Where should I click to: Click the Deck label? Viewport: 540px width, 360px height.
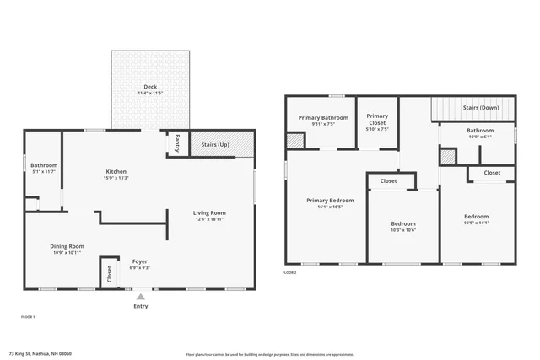click(149, 87)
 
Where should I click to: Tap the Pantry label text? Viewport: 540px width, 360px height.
click(177, 143)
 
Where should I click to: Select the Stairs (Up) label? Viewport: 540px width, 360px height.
click(214, 144)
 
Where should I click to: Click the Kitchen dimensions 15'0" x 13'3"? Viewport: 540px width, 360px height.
click(116, 178)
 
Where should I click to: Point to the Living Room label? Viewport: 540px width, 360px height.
click(209, 212)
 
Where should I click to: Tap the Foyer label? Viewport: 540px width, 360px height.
click(139, 261)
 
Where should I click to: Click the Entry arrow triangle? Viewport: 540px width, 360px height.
click(140, 296)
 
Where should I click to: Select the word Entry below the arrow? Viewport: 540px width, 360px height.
click(140, 306)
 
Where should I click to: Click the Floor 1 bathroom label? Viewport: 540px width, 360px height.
click(44, 164)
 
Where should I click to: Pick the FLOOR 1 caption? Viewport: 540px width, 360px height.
click(28, 316)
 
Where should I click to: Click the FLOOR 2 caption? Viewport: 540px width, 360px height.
click(289, 272)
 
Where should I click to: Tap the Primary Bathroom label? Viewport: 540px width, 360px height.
click(323, 117)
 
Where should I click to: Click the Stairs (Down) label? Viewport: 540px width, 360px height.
click(481, 108)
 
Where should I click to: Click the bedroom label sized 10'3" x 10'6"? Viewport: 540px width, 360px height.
click(403, 223)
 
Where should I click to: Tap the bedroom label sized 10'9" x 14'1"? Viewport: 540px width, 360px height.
click(476, 217)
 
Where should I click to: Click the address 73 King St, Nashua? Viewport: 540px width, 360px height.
click(40, 353)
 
